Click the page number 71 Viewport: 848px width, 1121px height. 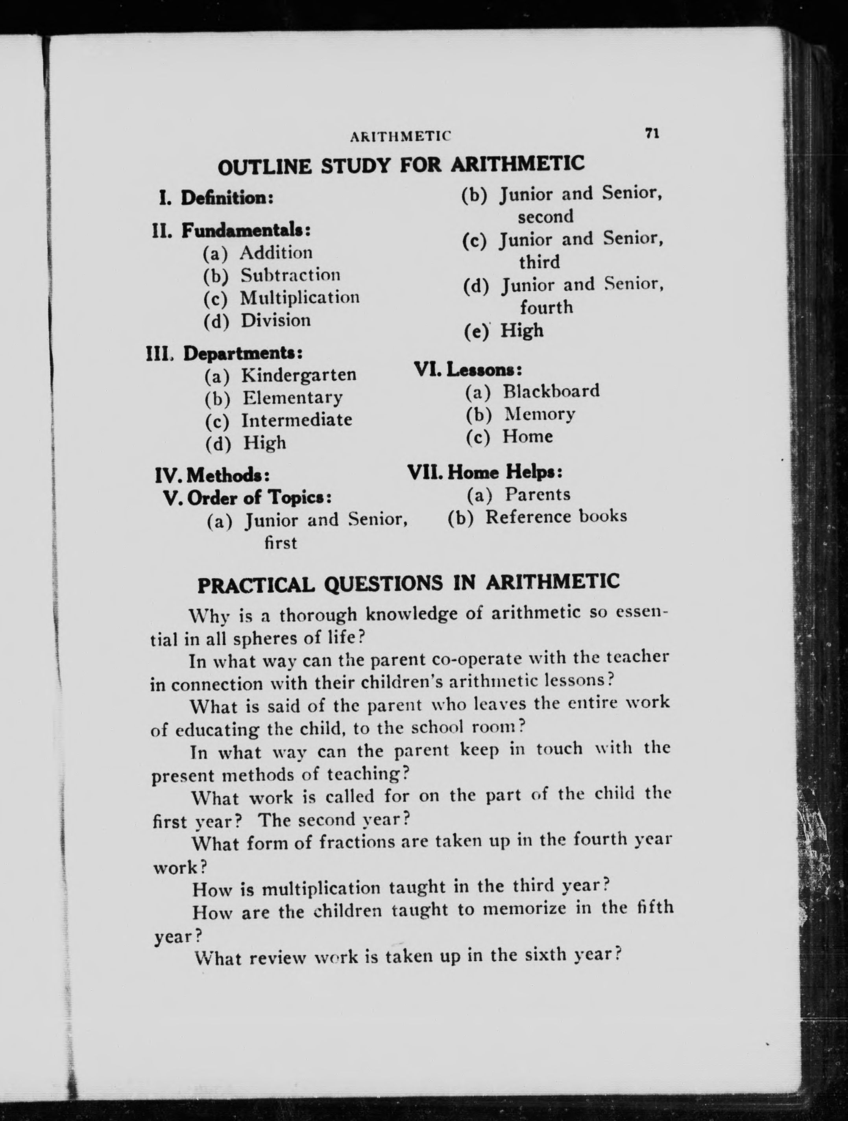tap(651, 133)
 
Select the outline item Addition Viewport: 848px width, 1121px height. tap(276, 253)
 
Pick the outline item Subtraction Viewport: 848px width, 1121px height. tap(290, 275)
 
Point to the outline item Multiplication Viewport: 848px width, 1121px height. tap(299, 297)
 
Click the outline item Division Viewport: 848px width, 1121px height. tap(275, 320)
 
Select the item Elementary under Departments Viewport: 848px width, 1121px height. tap(292, 397)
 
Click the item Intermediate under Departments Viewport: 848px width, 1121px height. tap(297, 420)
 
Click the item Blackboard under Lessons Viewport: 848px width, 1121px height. tap(551, 391)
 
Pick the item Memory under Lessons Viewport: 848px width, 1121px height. tap(540, 414)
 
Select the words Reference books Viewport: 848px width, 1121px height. tap(556, 516)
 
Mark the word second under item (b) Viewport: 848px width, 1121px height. tap(545, 216)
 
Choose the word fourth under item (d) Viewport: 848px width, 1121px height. tap(546, 307)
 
